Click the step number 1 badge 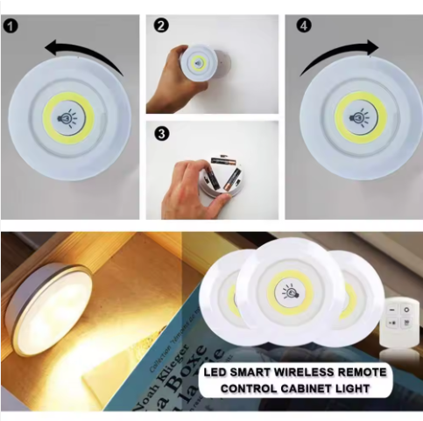click(11, 25)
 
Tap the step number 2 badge click(160, 25)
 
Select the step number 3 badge click(160, 135)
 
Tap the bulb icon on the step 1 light click(67, 116)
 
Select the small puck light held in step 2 click(200, 66)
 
